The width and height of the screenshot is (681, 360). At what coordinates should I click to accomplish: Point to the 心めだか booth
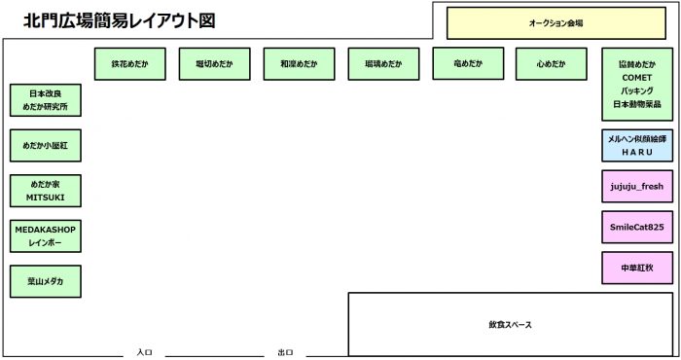click(x=550, y=63)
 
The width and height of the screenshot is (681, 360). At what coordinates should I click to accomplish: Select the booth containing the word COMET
click(x=637, y=84)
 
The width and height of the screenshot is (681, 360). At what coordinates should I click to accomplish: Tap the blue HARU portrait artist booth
click(x=637, y=146)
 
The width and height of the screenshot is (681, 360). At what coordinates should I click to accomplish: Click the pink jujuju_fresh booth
click(x=637, y=185)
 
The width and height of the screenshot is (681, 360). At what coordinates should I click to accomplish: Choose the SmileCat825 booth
click(x=637, y=227)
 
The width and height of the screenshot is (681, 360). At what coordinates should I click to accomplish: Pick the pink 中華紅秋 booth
click(x=637, y=267)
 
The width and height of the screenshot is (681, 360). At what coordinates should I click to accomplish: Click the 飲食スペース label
click(x=510, y=324)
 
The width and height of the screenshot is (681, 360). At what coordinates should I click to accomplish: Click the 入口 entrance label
click(x=144, y=352)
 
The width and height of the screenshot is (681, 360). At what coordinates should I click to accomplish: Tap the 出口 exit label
click(x=285, y=352)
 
